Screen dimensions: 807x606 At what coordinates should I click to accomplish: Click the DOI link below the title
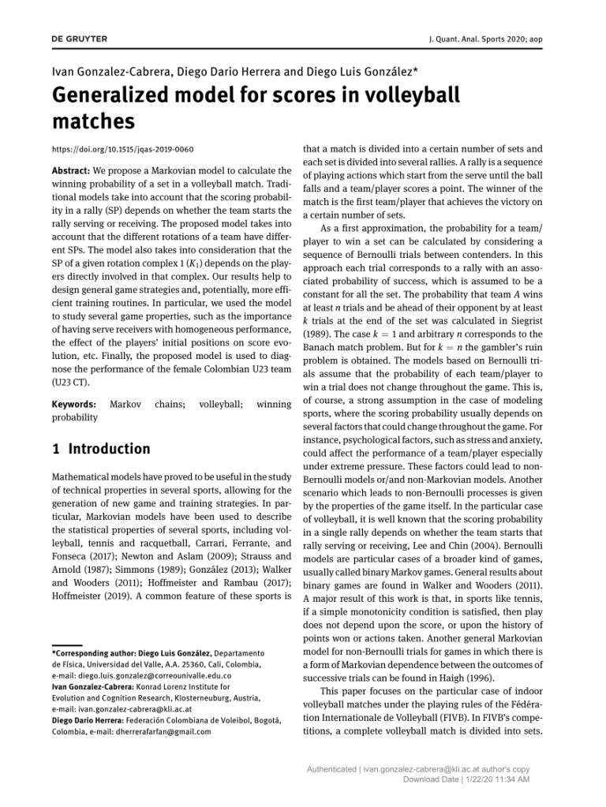click(122, 149)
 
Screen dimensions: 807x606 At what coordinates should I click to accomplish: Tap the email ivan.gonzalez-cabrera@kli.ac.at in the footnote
click(125, 709)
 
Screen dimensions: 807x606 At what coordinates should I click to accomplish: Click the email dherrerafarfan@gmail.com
click(165, 731)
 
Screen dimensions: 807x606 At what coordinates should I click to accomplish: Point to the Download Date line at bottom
click(466, 779)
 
